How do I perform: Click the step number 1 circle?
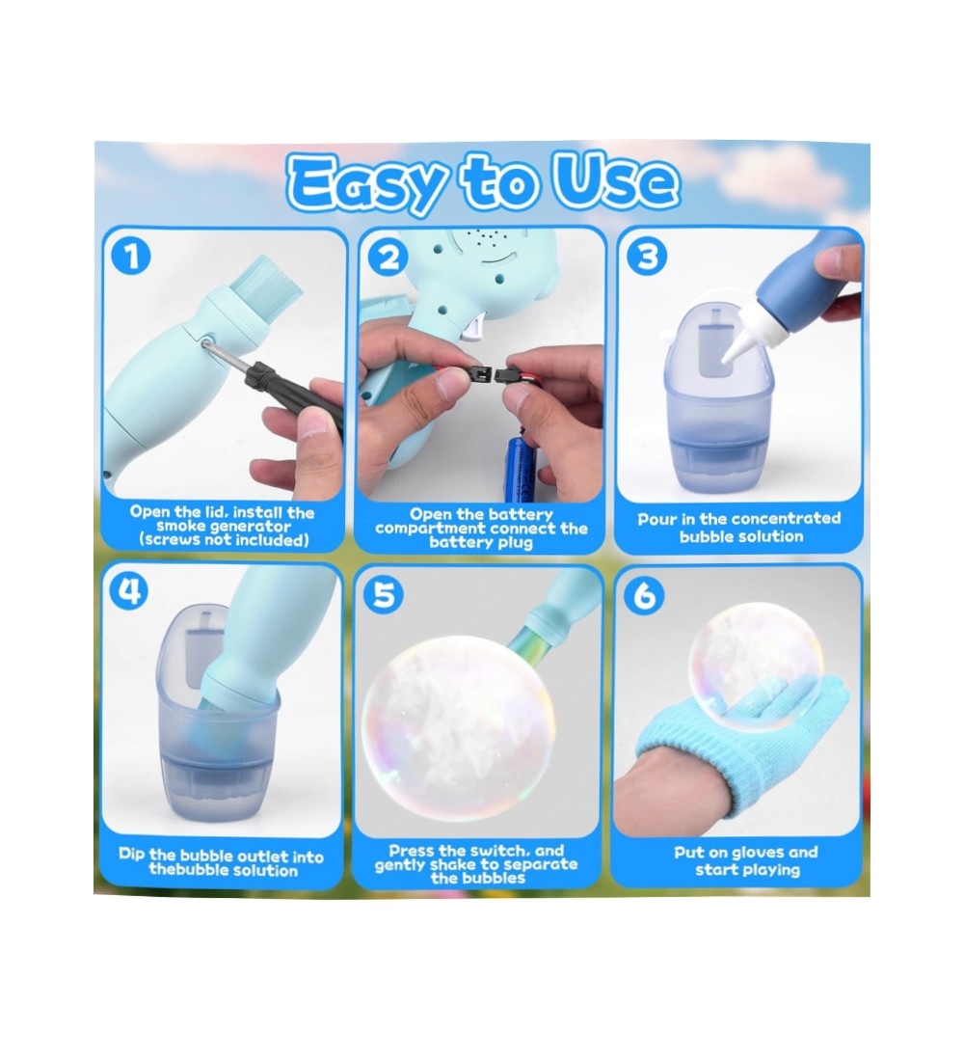click(132, 257)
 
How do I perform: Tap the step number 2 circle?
click(388, 258)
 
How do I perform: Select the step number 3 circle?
click(647, 256)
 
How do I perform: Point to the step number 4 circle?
click(129, 591)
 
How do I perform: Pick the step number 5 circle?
click(384, 595)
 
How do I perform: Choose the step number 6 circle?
click(643, 595)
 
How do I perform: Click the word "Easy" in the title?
click(366, 182)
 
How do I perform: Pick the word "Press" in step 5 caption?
click(412, 851)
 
